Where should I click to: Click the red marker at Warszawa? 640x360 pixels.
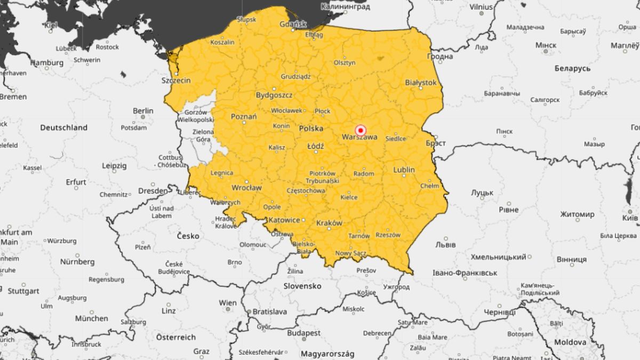click(361, 130)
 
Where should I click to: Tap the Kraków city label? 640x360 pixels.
click(329, 223)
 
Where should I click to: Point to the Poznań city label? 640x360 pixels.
click(244, 116)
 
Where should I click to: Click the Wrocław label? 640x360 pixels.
click(246, 188)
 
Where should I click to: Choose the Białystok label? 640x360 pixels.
click(421, 83)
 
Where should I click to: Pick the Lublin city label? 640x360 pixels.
click(404, 170)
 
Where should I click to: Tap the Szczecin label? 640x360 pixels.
click(176, 81)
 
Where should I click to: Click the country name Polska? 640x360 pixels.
click(311, 129)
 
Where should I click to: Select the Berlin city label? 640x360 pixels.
click(143, 111)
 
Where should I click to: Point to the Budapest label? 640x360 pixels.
click(304, 333)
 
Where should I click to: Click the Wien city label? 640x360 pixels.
click(228, 303)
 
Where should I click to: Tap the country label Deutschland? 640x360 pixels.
click(63, 128)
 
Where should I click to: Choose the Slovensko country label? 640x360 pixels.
click(302, 286)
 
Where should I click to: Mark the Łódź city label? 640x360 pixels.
click(316, 146)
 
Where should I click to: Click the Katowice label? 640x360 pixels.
click(284, 220)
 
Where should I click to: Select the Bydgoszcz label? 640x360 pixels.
click(274, 95)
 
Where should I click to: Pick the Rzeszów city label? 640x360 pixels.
click(388, 235)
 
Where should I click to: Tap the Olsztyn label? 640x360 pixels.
click(345, 62)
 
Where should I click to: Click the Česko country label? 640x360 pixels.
click(188, 236)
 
